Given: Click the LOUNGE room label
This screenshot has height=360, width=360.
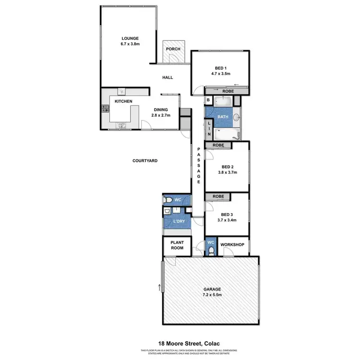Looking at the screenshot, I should pos(130,38).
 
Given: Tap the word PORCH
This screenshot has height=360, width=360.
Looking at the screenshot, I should pos(172,49).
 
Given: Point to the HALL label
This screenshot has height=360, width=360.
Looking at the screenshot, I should pos(168,77).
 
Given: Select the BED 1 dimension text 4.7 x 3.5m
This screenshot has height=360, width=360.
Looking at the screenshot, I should pos(220,74).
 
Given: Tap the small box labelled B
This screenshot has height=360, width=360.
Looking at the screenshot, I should pos(208,100).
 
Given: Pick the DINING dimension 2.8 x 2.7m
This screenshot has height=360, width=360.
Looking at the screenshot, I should pos(160,116).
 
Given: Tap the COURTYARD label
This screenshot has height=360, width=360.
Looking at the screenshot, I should pos(145,161).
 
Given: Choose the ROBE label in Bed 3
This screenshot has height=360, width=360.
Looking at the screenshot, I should pos(218,196).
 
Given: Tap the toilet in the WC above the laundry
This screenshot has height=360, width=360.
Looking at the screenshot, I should pos(168,200).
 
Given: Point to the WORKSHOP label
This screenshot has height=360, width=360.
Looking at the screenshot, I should pos(232,245).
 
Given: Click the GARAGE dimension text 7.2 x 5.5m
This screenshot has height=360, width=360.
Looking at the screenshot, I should pos(212,295).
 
